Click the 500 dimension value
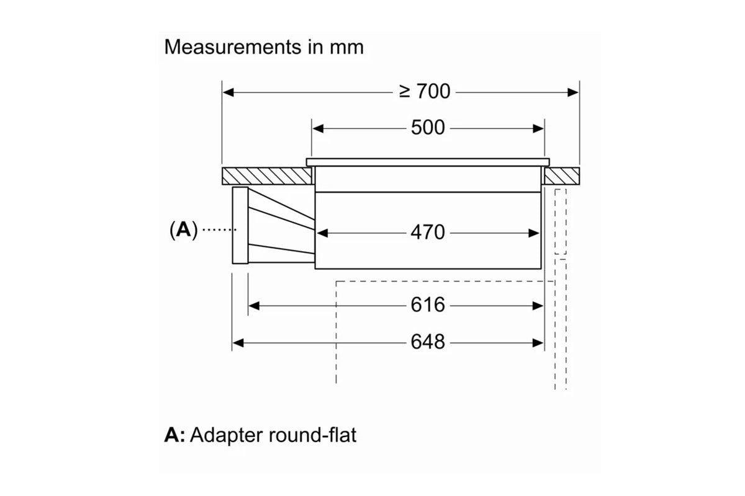point(428,128)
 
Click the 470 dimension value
point(428,232)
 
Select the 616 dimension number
point(428,305)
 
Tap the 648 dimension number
point(428,342)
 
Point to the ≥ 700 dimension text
point(425,92)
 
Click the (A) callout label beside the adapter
point(183,230)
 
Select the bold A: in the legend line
point(175,435)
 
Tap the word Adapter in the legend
point(227,435)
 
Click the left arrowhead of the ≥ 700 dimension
point(228,92)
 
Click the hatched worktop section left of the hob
point(265,176)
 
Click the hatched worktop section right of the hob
point(562,176)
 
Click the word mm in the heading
point(346,47)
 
